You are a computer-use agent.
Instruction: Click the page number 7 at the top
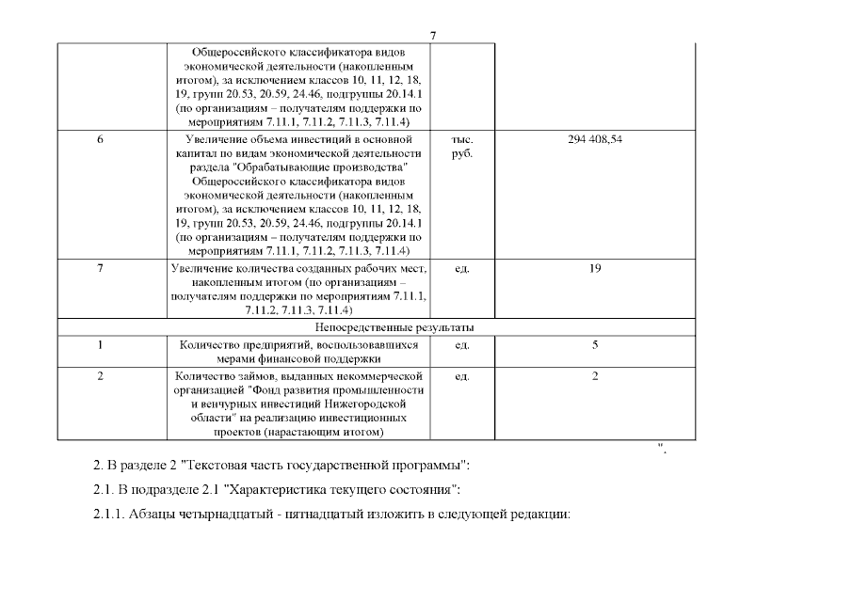pos(433,36)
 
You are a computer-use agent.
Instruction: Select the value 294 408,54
pos(595,139)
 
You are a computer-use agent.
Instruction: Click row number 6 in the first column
pos(101,139)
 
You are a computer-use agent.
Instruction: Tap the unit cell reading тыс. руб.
pos(462,147)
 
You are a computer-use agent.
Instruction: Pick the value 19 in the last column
pos(595,269)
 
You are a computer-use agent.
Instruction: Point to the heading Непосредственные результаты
pos(394,327)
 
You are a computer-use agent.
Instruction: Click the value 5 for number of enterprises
pos(595,345)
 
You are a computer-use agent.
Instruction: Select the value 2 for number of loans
pos(595,376)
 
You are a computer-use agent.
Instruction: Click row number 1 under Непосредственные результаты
pos(101,345)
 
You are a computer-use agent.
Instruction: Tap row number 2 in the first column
pos(101,376)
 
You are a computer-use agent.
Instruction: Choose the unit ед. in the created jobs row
pos(462,269)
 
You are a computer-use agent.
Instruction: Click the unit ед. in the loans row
pos(462,376)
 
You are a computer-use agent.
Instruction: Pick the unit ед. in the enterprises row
pos(462,345)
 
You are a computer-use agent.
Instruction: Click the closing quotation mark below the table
pos(663,447)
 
